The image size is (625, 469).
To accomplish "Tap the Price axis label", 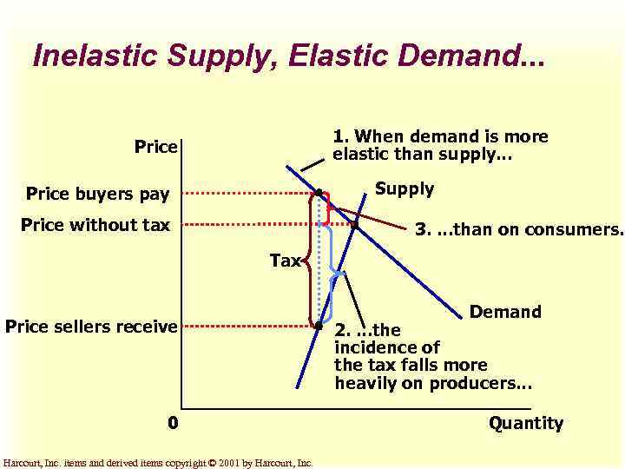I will (x=155, y=147).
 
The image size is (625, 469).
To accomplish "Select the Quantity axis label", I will (x=525, y=423).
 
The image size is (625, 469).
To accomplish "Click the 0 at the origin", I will (x=174, y=423).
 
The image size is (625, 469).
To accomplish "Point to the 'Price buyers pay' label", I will (x=98, y=193).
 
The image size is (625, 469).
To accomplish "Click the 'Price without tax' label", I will (x=95, y=226).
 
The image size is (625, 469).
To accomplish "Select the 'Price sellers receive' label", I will (x=91, y=327).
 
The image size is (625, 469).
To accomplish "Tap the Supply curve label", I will (x=405, y=189).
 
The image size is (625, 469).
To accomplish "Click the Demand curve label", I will (x=505, y=311).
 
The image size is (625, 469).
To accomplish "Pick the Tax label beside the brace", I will (x=285, y=260).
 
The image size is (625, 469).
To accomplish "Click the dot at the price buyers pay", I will (x=319, y=192).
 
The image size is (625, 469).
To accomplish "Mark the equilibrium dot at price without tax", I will (x=355, y=225).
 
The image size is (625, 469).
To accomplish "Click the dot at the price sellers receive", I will (x=319, y=327).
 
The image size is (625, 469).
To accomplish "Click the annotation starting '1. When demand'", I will (x=440, y=146).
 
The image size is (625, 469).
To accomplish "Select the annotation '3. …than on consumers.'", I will (x=518, y=230).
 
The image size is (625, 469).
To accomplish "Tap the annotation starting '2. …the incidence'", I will (x=432, y=357).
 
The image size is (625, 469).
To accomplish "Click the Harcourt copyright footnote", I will (x=158, y=463).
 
